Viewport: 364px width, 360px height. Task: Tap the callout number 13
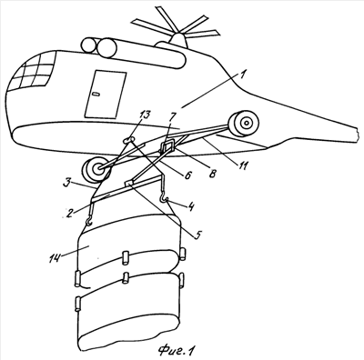coord(145,115)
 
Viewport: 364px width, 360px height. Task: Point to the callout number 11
coord(243,165)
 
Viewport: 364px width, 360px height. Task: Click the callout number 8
coord(213,174)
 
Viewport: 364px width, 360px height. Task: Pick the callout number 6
coord(187,175)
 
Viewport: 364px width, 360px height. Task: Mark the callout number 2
coord(69,213)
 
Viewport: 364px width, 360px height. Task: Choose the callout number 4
coord(191,206)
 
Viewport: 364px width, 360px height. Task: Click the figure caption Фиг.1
coord(176,350)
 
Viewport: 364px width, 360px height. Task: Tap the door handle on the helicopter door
coord(96,94)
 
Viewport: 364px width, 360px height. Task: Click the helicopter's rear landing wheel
coord(244,123)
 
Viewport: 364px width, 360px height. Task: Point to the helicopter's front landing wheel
coord(96,170)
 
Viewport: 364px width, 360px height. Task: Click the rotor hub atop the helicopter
coord(178,40)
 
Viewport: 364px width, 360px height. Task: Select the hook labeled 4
coord(164,199)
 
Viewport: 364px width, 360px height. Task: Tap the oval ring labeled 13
coord(128,139)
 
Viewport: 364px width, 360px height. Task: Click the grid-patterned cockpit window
coord(33,72)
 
